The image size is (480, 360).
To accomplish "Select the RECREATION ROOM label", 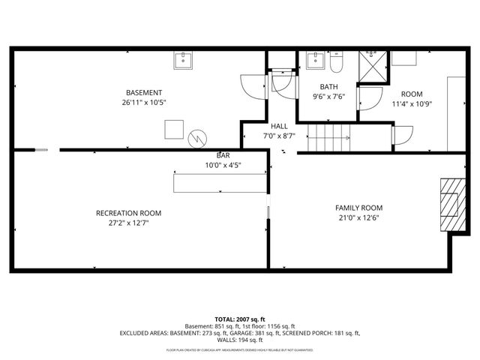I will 128,213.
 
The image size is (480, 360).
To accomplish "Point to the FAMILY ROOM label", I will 358,208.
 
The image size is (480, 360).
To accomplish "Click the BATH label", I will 328,86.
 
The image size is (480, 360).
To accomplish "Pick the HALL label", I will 279,126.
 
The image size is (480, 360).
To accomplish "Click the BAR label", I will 223,155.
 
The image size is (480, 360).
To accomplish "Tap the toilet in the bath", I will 335,61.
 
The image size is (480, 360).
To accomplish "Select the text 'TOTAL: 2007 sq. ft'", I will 240,319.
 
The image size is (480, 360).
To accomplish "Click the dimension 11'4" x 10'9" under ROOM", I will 412,103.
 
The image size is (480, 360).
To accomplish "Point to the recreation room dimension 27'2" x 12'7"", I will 128,223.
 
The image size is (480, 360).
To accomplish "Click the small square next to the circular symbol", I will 175,128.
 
